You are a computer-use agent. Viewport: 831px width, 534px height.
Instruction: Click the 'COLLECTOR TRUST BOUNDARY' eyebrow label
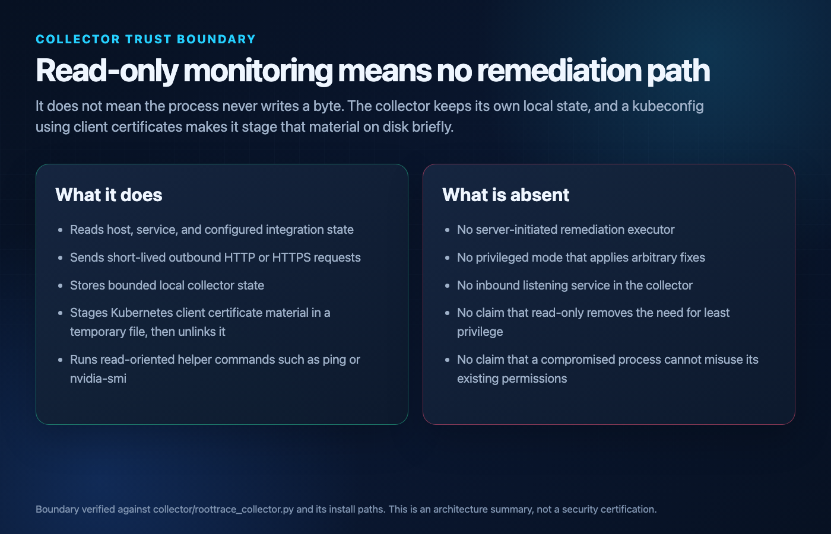point(145,39)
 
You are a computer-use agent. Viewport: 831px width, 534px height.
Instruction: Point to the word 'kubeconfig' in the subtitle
point(668,107)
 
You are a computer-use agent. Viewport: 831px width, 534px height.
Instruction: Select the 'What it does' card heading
point(109,195)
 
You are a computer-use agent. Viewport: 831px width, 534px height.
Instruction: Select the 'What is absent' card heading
point(506,195)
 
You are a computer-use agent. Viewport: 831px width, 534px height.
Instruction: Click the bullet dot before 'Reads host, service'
point(61,230)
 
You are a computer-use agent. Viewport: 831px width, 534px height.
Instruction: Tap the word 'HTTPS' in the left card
point(291,258)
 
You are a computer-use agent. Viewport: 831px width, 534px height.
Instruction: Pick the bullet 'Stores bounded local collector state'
point(167,285)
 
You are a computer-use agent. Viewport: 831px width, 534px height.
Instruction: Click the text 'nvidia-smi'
point(99,379)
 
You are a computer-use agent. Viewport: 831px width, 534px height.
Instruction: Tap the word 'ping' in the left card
point(334,360)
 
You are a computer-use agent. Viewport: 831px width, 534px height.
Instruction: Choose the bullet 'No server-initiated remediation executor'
point(566,230)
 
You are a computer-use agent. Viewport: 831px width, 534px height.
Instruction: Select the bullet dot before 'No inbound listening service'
point(448,286)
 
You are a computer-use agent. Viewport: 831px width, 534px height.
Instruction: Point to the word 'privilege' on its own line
point(480,332)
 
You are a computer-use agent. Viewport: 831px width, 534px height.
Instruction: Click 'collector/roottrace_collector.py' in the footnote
point(223,509)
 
